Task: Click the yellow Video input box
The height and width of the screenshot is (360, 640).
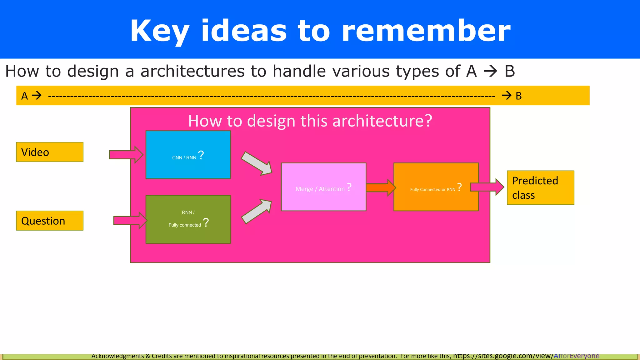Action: pyautogui.click(x=50, y=152)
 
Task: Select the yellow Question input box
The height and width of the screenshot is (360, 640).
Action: pyautogui.click(x=50, y=221)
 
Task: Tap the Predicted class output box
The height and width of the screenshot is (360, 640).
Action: pyautogui.click(x=540, y=188)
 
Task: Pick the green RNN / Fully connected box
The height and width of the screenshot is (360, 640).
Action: pyautogui.click(x=188, y=234)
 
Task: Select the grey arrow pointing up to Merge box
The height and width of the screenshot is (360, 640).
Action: pyautogui.click(x=257, y=212)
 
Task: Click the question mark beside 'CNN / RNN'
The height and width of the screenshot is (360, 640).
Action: pyautogui.click(x=201, y=155)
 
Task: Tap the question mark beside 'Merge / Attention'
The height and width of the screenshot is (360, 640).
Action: pyautogui.click(x=349, y=187)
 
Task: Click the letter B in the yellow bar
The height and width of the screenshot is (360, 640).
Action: pyautogui.click(x=519, y=96)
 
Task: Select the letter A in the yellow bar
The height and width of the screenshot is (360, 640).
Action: pyautogui.click(x=25, y=96)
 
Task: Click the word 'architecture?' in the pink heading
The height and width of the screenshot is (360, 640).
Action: pyautogui.click(x=382, y=121)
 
